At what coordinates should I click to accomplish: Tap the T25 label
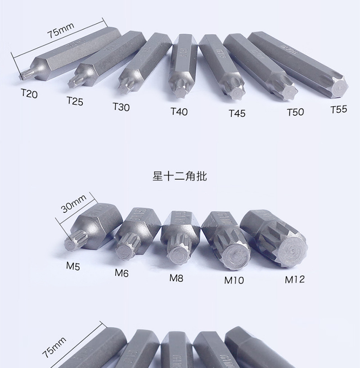point(75,101)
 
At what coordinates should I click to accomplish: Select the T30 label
point(121,107)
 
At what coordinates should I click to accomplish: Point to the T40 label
point(179,112)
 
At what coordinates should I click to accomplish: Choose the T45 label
point(237,113)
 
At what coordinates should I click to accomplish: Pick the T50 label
point(295,112)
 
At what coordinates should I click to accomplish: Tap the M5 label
point(73,266)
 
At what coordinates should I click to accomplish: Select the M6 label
point(121,273)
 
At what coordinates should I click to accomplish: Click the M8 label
point(176,278)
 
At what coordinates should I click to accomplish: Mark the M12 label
point(295,279)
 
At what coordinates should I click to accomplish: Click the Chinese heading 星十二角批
point(180,176)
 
